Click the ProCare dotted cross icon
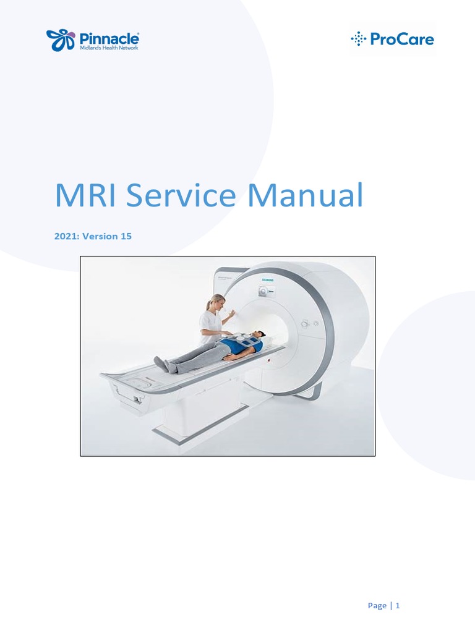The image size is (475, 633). tap(358, 40)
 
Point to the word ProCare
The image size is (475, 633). tap(402, 40)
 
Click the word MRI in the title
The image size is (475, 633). tap(87, 196)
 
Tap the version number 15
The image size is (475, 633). tap(126, 236)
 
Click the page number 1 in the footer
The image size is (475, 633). tap(398, 606)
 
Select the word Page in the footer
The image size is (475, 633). tap(377, 606)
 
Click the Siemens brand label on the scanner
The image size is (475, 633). tap(267, 281)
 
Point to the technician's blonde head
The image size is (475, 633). tap(215, 302)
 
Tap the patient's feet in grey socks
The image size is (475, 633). tap(161, 364)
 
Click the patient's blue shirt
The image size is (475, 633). tap(239, 347)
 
